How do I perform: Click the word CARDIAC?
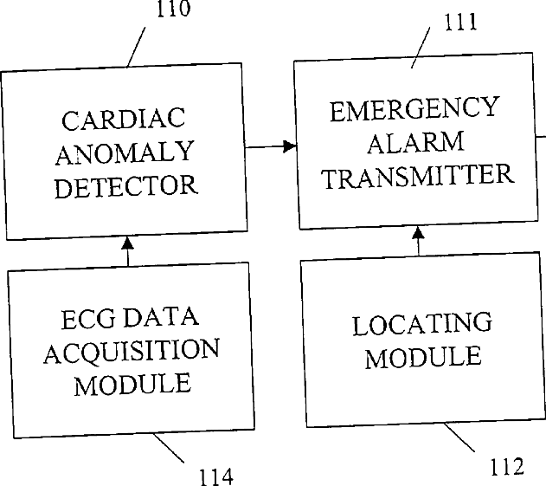pos(123,119)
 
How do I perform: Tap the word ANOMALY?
pos(125,152)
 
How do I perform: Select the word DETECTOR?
pos(126,185)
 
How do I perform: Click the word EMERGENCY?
pos(414,109)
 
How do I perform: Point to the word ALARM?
pos(415,142)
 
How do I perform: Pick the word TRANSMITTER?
pos(418,176)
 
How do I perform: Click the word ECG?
pos(87,319)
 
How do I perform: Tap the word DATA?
pos(161,317)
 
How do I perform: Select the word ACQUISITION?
pos(132,352)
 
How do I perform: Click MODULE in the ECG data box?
pos(132,384)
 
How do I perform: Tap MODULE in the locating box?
pos(423,357)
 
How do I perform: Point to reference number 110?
pos(174,9)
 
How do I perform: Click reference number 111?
pos(460,22)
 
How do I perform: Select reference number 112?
pos(507,466)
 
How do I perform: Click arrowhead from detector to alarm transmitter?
pos(289,146)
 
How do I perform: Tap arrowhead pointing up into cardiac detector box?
pos(127,243)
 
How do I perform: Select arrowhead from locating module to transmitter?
pos(418,233)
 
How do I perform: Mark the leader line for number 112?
pos(459,437)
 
